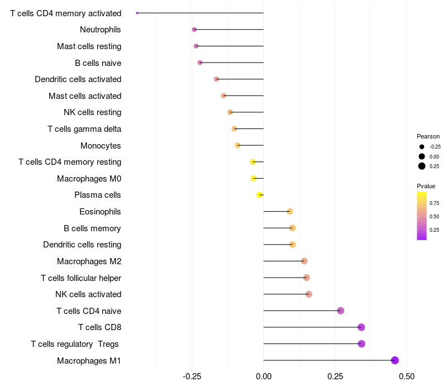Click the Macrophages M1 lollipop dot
click(395, 360)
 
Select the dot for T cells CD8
click(361, 327)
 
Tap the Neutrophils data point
click(194, 30)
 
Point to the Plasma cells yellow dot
click(259, 195)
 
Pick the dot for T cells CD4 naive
click(341, 311)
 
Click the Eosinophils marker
click(289, 211)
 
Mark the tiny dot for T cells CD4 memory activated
click(137, 13)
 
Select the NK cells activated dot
click(308, 294)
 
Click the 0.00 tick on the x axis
click(263, 376)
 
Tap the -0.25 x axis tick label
click(192, 376)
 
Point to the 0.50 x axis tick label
click(406, 376)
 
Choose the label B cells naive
click(98, 63)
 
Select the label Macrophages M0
click(89, 179)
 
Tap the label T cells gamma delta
click(84, 129)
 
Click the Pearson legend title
click(428, 136)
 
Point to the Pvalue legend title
click(426, 186)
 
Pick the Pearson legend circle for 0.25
click(422, 166)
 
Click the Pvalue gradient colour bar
click(422, 216)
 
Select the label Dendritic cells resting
click(82, 245)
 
